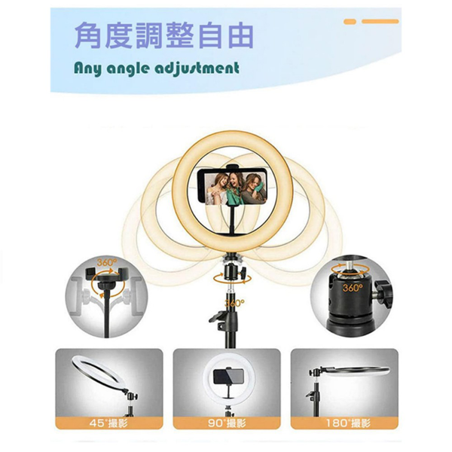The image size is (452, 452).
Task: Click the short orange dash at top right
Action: click(350, 22)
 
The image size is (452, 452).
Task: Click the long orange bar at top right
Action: click(380, 22)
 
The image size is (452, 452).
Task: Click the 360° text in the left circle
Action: click(106, 263)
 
